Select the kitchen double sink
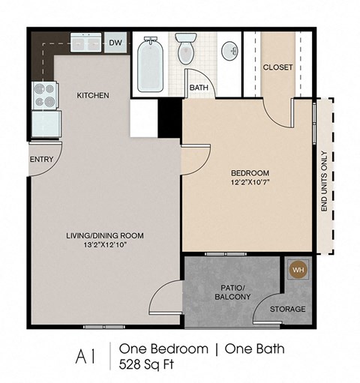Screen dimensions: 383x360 click(x=87, y=43)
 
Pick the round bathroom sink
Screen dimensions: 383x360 click(x=232, y=51)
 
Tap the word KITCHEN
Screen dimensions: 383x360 click(x=93, y=96)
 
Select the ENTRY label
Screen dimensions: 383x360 click(x=40, y=160)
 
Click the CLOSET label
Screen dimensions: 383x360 click(x=277, y=67)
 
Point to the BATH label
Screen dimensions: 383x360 click(x=199, y=88)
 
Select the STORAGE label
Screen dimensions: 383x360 click(x=287, y=310)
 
